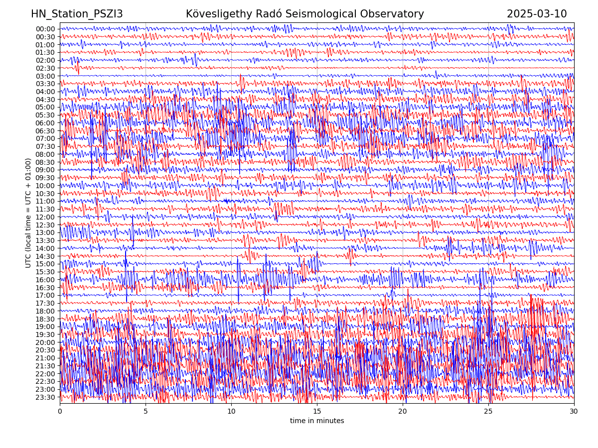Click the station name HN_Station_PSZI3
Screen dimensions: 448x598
coord(77,14)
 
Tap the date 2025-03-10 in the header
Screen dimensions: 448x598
coord(537,14)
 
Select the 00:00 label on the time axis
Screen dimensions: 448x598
coord(45,29)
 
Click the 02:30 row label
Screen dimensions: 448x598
coord(45,68)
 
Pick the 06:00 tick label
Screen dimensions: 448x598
coord(45,123)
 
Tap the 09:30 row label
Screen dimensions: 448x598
coord(45,178)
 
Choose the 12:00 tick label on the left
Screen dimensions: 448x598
coord(45,217)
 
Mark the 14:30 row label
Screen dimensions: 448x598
coord(45,256)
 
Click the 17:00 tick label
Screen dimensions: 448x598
coord(45,295)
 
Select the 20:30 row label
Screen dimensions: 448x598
coord(45,350)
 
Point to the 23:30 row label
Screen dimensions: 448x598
coord(45,397)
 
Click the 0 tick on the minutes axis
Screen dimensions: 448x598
coord(60,412)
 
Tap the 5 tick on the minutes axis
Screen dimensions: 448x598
coord(146,412)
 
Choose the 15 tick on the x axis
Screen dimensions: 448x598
coord(317,412)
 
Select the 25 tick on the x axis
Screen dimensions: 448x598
coord(488,412)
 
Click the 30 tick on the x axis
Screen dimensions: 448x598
coord(574,412)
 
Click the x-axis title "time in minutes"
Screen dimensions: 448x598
coord(317,421)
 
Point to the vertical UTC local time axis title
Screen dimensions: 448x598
coord(28,213)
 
